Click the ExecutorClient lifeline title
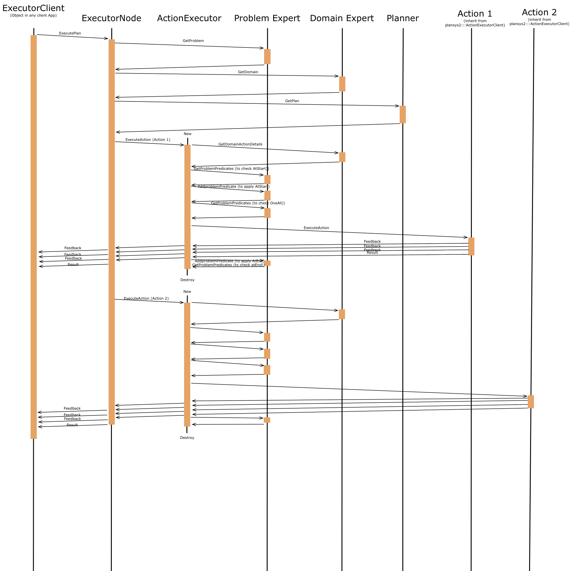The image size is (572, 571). [x=33, y=8]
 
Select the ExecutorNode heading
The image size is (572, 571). [x=111, y=19]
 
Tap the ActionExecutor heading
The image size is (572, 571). [x=189, y=19]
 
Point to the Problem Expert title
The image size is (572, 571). [x=267, y=19]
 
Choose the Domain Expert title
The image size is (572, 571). [x=342, y=19]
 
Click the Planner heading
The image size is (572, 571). [x=403, y=19]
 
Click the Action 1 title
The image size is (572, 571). [x=475, y=14]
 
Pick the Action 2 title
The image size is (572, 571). [x=539, y=13]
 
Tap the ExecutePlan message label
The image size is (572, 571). [x=70, y=34]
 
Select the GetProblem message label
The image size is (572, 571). [x=193, y=41]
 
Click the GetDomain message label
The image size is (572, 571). [x=248, y=72]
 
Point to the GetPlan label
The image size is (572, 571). [x=292, y=101]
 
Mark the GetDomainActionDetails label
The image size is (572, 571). [x=240, y=144]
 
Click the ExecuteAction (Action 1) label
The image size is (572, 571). [x=148, y=140]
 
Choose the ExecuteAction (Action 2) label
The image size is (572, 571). [x=146, y=299]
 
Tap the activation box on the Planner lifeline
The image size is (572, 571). [x=403, y=115]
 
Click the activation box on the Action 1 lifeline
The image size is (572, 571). [x=471, y=246]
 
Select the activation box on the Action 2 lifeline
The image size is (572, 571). [x=531, y=402]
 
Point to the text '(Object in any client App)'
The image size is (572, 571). [x=33, y=16]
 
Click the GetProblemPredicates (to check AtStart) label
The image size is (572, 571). [x=231, y=169]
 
